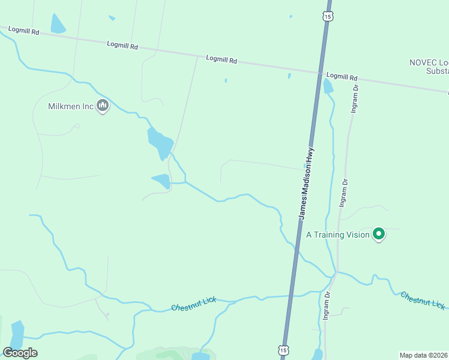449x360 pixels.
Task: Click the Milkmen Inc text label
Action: tap(71, 106)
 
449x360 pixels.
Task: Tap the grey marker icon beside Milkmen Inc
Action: tap(103, 106)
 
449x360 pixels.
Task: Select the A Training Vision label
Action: tap(338, 235)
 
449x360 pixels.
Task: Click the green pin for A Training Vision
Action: tap(379, 233)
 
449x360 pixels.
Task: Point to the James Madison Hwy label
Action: tap(307, 183)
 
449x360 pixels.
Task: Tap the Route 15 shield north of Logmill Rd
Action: tap(327, 16)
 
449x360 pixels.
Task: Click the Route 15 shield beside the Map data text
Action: tap(283, 349)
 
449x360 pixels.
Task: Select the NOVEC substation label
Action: tap(429, 66)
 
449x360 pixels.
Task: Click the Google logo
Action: tap(20, 352)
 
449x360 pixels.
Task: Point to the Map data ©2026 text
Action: tap(424, 355)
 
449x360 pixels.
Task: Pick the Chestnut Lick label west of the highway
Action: tap(193, 304)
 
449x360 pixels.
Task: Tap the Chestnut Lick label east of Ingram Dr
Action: tap(423, 300)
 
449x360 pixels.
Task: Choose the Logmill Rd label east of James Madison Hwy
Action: tap(342, 77)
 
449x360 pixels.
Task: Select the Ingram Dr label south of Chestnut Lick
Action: tap(327, 306)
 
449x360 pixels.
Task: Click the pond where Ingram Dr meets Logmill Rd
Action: tap(328, 86)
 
